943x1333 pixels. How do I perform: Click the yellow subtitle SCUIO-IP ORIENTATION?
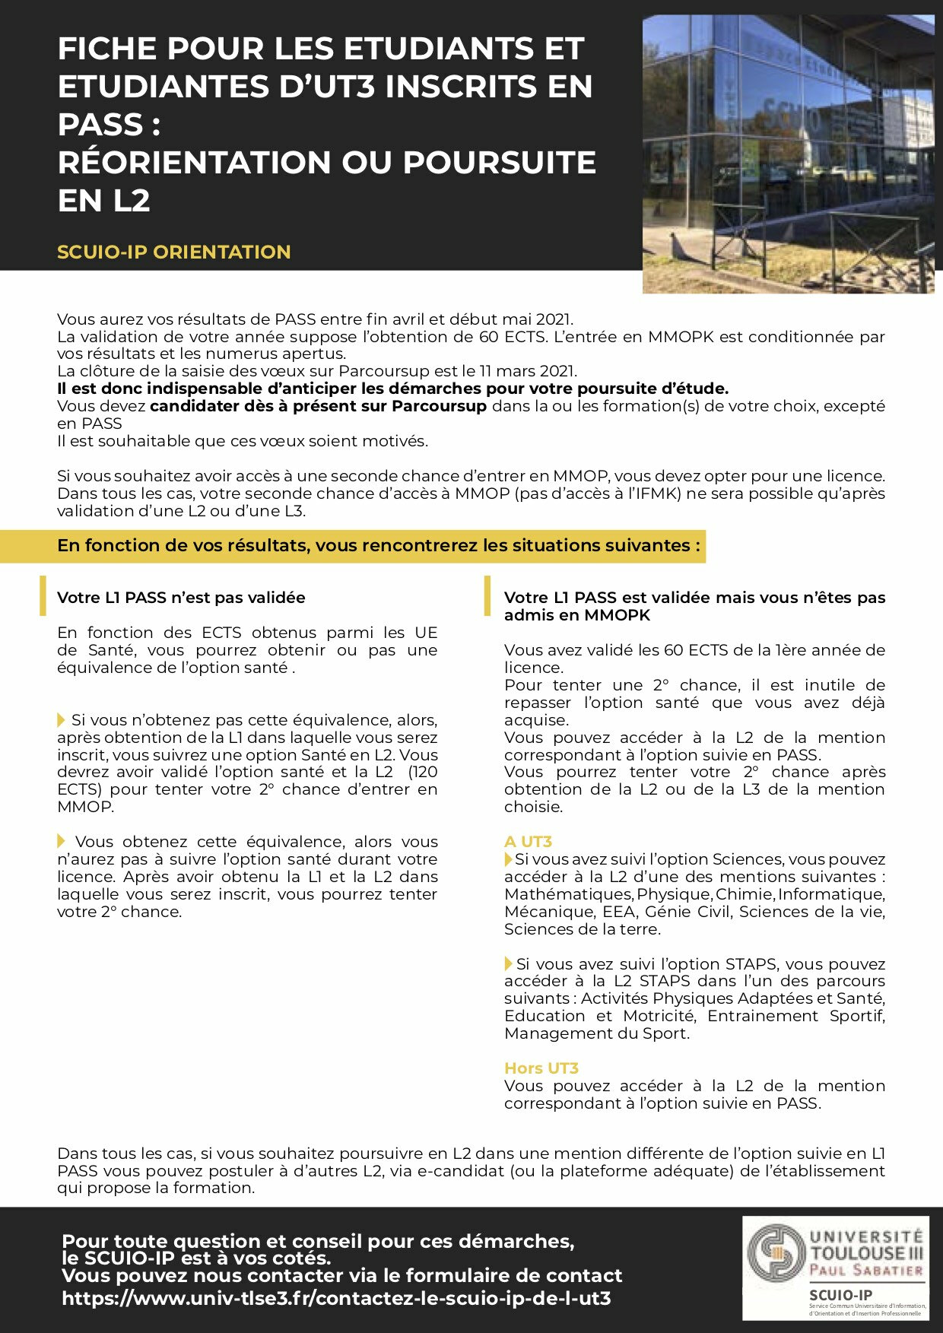173,252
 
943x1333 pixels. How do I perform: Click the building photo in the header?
788,154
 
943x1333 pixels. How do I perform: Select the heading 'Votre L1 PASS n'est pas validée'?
181,598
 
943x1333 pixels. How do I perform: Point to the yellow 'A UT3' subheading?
528,842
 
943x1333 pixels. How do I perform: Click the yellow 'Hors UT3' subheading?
541,1068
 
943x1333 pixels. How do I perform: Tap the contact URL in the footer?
336,1298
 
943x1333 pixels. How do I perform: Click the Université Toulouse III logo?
835,1254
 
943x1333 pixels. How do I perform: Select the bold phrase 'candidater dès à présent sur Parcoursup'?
318,406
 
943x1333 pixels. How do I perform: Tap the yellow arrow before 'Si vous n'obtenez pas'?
62,719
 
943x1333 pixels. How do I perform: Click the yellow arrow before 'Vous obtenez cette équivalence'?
62,841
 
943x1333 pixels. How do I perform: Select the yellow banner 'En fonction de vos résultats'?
378,546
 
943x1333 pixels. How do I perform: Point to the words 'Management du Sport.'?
596,1033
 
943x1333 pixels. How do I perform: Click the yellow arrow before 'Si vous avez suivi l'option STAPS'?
509,963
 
